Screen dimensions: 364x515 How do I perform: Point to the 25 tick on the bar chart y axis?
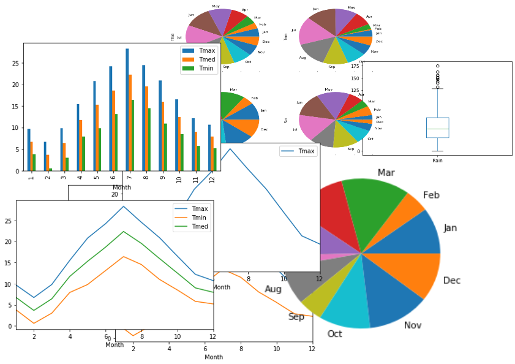[x=17, y=63]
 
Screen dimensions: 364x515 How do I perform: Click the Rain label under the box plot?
[x=437, y=160]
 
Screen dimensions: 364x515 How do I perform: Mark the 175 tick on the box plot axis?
[x=355, y=63]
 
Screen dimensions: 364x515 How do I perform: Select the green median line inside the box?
[x=437, y=129]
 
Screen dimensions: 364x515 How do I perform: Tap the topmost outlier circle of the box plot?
[x=437, y=66]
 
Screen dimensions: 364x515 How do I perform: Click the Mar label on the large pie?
[x=386, y=173]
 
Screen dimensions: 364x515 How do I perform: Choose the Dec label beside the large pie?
[x=451, y=281]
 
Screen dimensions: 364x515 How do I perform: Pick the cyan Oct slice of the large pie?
[x=346, y=306]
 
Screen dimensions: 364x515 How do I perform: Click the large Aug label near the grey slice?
[x=273, y=289]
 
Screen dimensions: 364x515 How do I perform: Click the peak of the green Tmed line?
[x=124, y=232]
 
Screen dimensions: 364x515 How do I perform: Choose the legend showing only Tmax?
[x=298, y=151]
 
